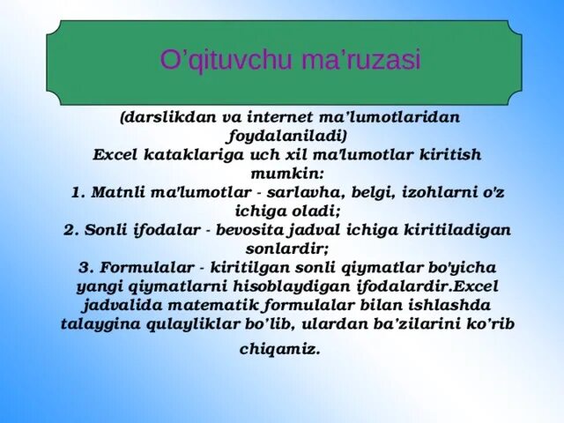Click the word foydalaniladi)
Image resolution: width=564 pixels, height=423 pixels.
(x=286, y=136)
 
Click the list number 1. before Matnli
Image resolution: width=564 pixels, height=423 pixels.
(x=77, y=192)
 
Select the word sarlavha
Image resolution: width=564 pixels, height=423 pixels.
(x=291, y=192)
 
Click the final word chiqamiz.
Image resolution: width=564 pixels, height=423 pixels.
(x=281, y=350)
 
